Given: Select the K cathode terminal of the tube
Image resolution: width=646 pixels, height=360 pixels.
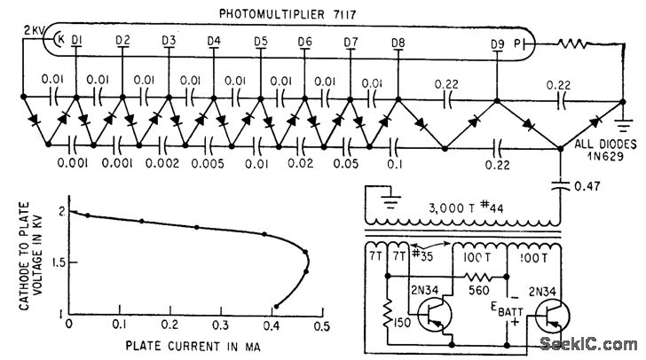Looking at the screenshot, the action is pyautogui.click(x=59, y=40).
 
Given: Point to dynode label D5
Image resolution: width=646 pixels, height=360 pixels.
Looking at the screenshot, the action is pyautogui.click(x=260, y=41).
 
